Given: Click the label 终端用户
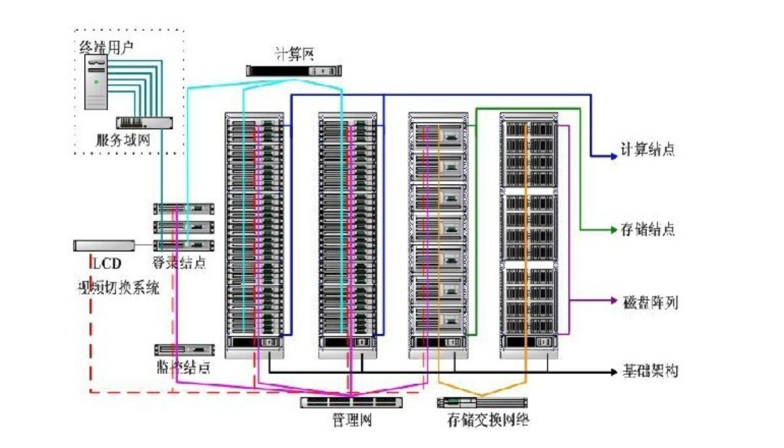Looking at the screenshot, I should pyautogui.click(x=106, y=47).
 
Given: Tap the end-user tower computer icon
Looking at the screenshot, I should pyautogui.click(x=96, y=82).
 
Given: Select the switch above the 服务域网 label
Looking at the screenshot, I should pyautogui.click(x=144, y=123).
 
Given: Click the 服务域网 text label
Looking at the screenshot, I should pyautogui.click(x=123, y=139).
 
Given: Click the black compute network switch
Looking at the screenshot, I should pyautogui.click(x=293, y=71).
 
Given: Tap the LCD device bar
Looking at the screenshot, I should pyautogui.click(x=104, y=245).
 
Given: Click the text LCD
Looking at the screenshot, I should pyautogui.click(x=106, y=263).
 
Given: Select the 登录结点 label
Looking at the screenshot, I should pyautogui.click(x=179, y=262).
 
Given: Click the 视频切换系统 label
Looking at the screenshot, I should pyautogui.click(x=118, y=288).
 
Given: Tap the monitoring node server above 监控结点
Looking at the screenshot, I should pyautogui.click(x=184, y=350).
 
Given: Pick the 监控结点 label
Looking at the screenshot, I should pyautogui.click(x=183, y=367).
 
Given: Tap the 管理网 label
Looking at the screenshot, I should pyautogui.click(x=352, y=420).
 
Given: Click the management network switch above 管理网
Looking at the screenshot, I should pyautogui.click(x=351, y=402).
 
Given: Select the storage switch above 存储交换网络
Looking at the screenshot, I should pyautogui.click(x=482, y=403).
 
